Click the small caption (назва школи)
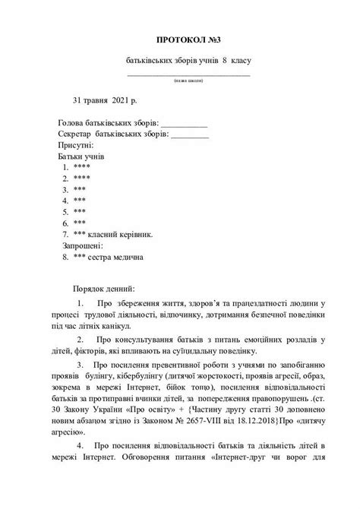(x=187, y=80)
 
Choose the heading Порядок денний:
(x=104, y=290)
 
